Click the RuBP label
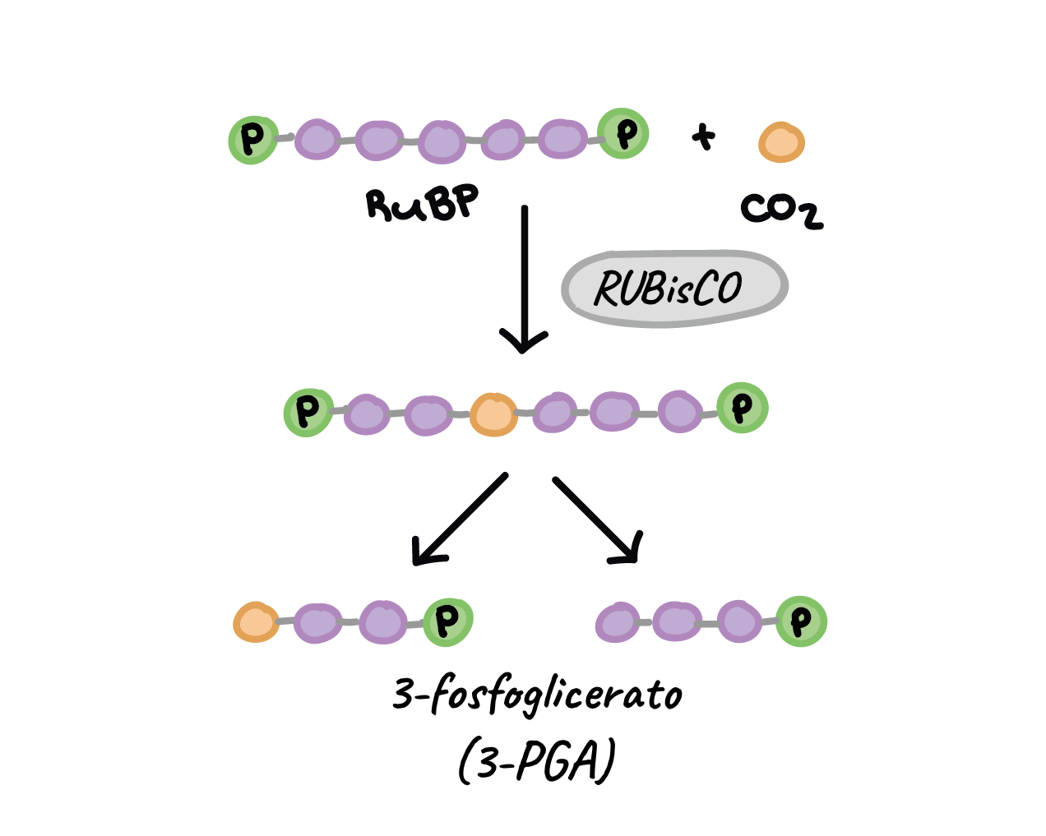tap(422, 203)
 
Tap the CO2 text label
tap(780, 210)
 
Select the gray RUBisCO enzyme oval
tap(674, 288)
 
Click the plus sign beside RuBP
tap(703, 136)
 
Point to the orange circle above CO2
tap(781, 142)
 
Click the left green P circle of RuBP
tap(252, 140)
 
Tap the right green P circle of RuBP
tap(623, 133)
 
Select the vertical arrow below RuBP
tap(524, 279)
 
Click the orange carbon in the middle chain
tap(493, 413)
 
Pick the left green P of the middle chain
tap(308, 411)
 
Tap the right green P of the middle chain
tap(742, 408)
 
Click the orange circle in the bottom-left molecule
tap(256, 622)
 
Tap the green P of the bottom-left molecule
tap(447, 621)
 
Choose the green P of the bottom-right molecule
tap(801, 621)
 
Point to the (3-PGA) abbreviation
tap(536, 761)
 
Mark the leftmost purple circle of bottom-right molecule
tap(617, 622)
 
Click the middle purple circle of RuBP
tap(442, 141)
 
